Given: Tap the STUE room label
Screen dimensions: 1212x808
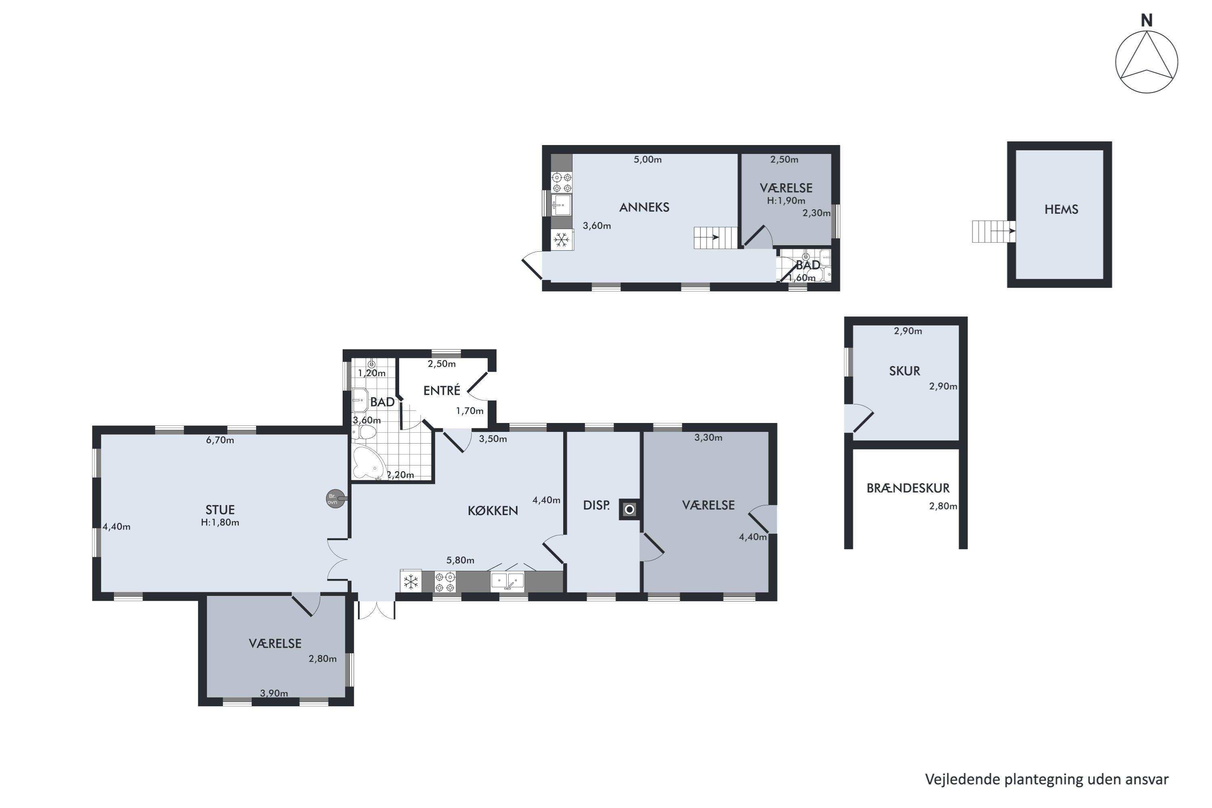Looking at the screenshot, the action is pyautogui.click(x=220, y=509).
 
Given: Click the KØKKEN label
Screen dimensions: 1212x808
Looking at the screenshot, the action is pyautogui.click(x=492, y=510).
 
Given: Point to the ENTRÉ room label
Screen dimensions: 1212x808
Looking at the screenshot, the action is pyautogui.click(x=442, y=390).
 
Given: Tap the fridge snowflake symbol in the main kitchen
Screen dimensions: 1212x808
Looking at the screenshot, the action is pyautogui.click(x=411, y=582).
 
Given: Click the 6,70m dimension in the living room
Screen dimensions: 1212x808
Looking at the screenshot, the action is pyautogui.click(x=220, y=440).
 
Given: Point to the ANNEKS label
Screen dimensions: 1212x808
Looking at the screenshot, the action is pyautogui.click(x=644, y=207).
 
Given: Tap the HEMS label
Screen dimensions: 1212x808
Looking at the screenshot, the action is pyautogui.click(x=1061, y=209).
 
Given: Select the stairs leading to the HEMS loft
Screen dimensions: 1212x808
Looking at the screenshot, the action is pyautogui.click(x=993, y=231).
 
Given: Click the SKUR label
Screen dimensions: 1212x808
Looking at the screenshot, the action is pyautogui.click(x=905, y=370).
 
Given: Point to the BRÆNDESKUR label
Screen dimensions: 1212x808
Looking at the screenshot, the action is pyautogui.click(x=908, y=488).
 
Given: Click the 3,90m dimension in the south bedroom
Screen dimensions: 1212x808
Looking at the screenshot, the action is pyautogui.click(x=274, y=693).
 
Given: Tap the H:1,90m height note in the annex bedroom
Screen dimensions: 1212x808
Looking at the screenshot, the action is pyautogui.click(x=786, y=200).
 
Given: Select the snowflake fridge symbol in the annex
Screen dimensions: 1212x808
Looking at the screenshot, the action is pyautogui.click(x=562, y=240).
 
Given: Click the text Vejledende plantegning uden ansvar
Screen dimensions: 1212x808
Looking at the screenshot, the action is pyautogui.click(x=1047, y=779).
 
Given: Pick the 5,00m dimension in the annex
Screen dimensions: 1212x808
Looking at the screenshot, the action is pyautogui.click(x=648, y=159).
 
